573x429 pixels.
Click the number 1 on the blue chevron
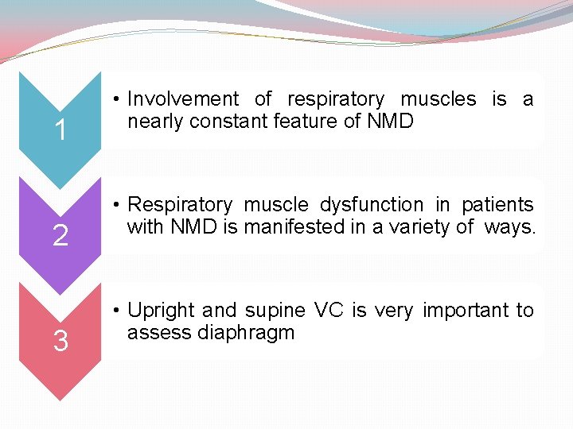(60, 130)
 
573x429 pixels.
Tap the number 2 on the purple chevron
(60, 236)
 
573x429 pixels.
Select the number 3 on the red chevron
(60, 342)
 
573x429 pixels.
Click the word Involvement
(183, 99)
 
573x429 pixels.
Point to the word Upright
(162, 311)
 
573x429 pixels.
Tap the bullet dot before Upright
(116, 311)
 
